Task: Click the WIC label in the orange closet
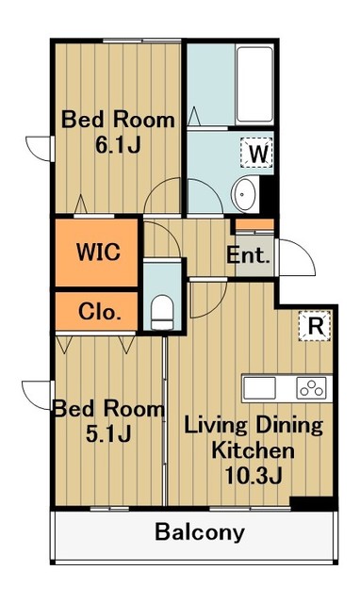[x=98, y=253]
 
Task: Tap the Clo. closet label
[x=98, y=312]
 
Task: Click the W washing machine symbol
[x=258, y=151]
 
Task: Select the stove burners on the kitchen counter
[x=310, y=386]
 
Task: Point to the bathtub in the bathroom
[x=229, y=83]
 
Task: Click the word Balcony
[x=200, y=532]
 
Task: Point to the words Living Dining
[x=252, y=425]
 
